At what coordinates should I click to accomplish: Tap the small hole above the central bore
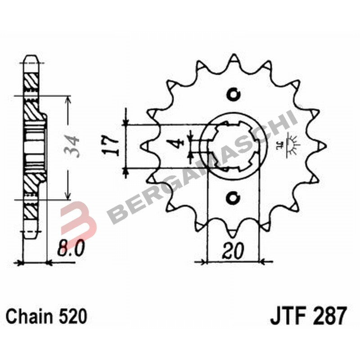[234, 94]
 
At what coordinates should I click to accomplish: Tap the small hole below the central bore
[234, 197]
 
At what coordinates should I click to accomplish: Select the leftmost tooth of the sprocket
[147, 145]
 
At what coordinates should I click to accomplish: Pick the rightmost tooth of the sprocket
[320, 145]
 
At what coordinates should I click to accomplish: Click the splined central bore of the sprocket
[234, 145]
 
